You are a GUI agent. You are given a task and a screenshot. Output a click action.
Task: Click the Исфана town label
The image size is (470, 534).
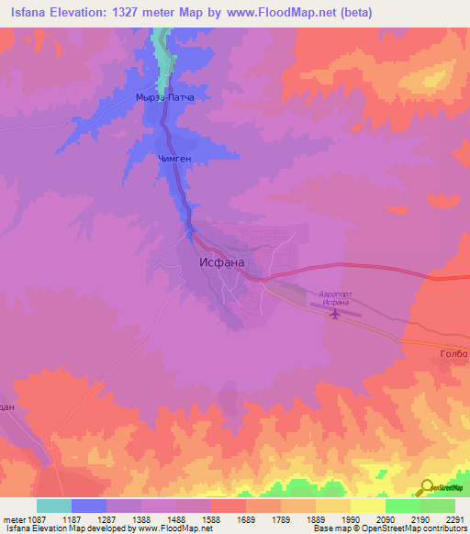(x=222, y=261)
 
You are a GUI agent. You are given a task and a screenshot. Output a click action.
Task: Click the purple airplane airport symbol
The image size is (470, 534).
(x=336, y=315)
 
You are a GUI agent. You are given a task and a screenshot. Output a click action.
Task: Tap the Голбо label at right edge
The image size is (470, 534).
(x=453, y=353)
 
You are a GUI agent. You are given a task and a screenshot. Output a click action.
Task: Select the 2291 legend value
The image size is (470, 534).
(x=454, y=518)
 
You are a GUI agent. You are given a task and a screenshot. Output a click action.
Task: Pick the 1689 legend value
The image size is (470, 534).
(x=247, y=518)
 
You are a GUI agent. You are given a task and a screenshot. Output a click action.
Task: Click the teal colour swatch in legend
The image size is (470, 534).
(x=54, y=506)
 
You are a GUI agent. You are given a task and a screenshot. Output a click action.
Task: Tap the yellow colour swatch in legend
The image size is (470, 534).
(x=367, y=506)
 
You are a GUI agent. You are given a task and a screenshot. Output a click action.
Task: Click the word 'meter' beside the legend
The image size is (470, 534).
(x=14, y=518)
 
